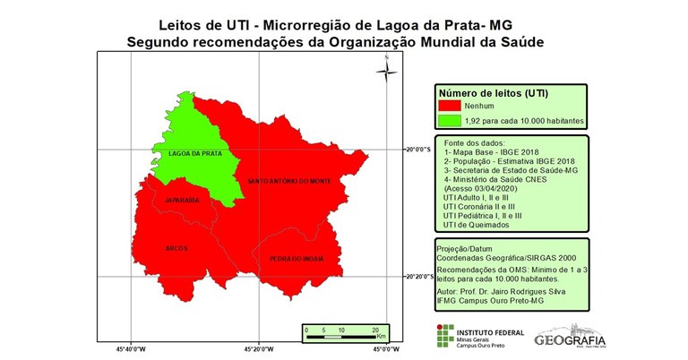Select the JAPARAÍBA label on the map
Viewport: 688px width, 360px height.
(182, 201)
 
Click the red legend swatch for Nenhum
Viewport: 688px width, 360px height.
(450, 105)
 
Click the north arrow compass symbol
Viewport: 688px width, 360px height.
(386, 70)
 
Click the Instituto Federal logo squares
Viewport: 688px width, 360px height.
(443, 336)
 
